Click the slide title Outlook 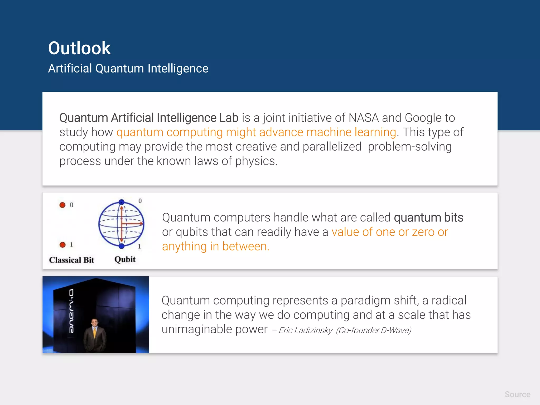pyautogui.click(x=79, y=48)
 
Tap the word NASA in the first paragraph pyautogui.click(x=364, y=118)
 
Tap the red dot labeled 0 pyautogui.click(x=62, y=205)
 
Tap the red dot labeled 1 pyautogui.click(x=62, y=245)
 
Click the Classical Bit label pyautogui.click(x=71, y=260)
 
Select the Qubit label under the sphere pyautogui.click(x=125, y=259)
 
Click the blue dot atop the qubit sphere pyautogui.click(x=122, y=202)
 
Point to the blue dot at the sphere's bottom pyautogui.click(x=122, y=246)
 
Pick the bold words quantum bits pyautogui.click(x=428, y=218)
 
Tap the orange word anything pyautogui.click(x=184, y=247)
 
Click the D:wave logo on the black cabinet pyautogui.click(x=71, y=311)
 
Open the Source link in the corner pyautogui.click(x=517, y=394)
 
